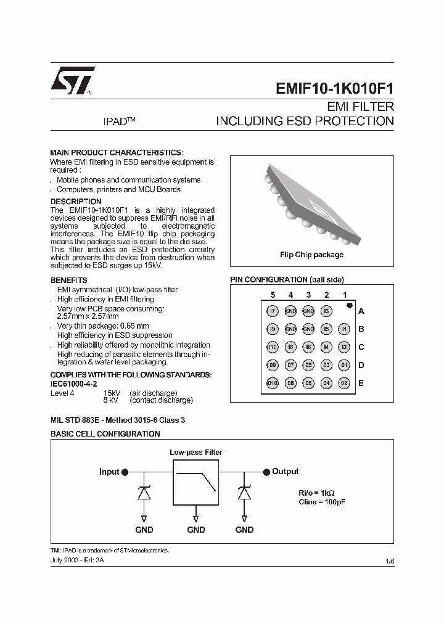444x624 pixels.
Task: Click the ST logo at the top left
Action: tap(72, 81)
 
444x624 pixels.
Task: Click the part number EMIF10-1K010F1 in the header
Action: tap(334, 88)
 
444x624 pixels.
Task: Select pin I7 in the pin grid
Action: tap(273, 311)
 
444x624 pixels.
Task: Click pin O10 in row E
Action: tap(273, 383)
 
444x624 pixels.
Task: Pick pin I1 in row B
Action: tap(344, 329)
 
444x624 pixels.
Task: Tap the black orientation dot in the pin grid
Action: tap(349, 305)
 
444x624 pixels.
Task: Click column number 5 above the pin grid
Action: tap(273, 295)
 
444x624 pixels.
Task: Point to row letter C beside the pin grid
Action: tap(361, 347)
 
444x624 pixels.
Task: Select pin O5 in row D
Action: tap(308, 365)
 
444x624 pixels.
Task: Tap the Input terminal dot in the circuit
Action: tap(125, 472)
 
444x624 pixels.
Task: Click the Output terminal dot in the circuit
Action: tap(266, 472)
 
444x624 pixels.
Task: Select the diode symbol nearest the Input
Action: tap(143, 493)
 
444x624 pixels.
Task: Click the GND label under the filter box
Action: tap(196, 530)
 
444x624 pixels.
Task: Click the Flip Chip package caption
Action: tap(311, 255)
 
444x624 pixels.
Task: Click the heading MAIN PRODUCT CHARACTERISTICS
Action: tap(116, 152)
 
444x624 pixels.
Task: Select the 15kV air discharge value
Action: tap(112, 393)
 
